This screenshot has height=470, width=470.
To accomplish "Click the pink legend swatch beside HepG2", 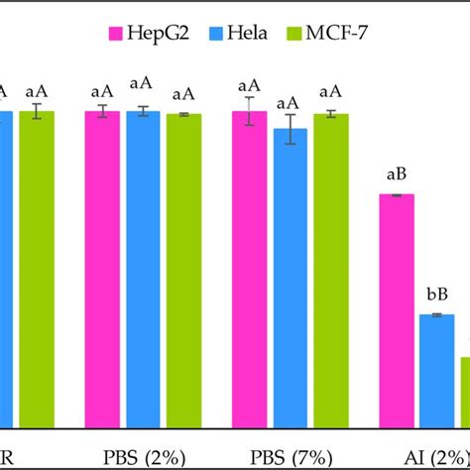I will click(x=115, y=37).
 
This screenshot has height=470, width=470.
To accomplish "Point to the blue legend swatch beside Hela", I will click(x=213, y=37).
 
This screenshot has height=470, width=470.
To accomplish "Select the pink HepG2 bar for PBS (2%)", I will click(x=102, y=268).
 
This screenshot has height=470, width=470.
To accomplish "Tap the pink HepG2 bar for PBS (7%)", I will click(x=250, y=268).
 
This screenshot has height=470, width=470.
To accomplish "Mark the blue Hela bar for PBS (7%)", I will click(x=291, y=278).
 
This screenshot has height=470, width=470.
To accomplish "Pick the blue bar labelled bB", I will click(x=437, y=371).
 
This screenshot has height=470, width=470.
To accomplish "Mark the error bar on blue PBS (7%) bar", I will click(x=291, y=129).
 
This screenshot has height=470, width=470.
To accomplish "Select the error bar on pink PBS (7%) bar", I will click(x=250, y=111).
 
